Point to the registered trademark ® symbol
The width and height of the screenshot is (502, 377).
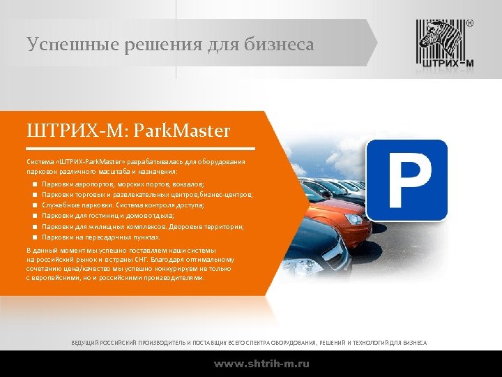[469, 23]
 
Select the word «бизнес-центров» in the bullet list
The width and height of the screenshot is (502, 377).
[229, 195]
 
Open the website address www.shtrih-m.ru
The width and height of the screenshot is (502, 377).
[261, 364]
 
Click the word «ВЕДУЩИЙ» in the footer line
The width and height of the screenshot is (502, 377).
[86, 343]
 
